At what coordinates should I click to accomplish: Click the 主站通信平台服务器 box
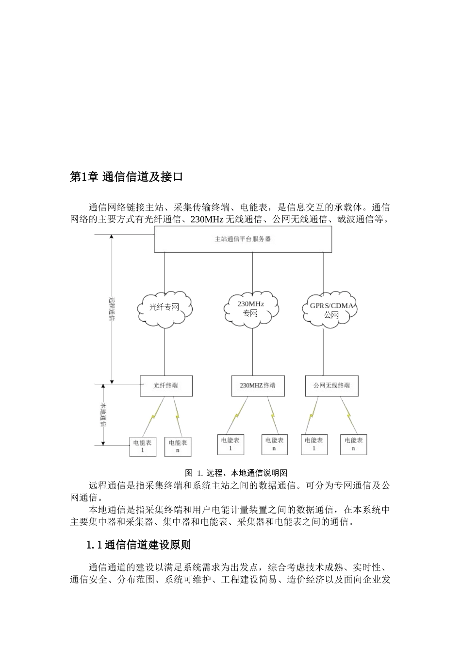point(243,240)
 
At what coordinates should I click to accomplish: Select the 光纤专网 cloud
point(165,308)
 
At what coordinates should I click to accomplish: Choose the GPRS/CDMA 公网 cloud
point(331,310)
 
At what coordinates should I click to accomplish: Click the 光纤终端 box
point(166,386)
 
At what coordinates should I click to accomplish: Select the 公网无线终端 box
point(332,386)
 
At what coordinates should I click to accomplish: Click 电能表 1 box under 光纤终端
point(143,446)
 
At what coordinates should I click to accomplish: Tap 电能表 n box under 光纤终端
point(178,446)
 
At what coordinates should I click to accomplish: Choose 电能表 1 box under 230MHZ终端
point(230,444)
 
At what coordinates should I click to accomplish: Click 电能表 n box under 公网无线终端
point(354,444)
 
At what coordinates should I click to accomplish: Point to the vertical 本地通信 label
point(103,414)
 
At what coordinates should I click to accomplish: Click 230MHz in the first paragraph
point(206,220)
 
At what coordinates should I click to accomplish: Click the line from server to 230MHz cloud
point(252,272)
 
